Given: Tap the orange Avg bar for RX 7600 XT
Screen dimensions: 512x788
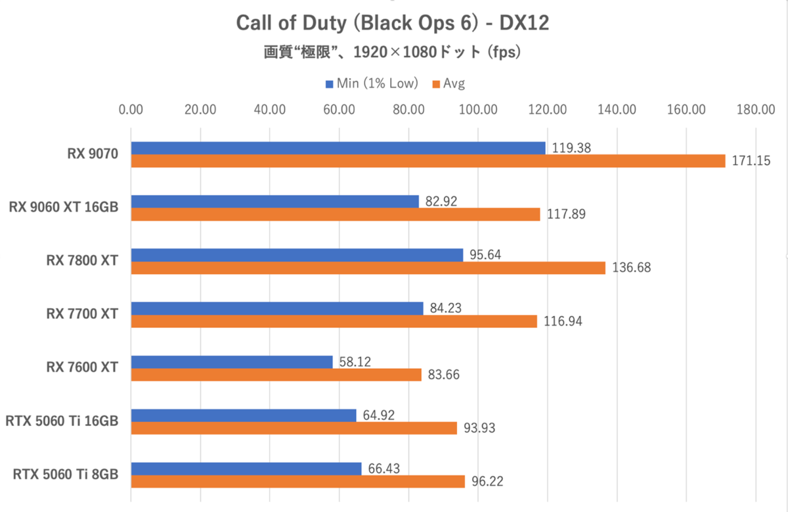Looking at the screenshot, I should (276, 375).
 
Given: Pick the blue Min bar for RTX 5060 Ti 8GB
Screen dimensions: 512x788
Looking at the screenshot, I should (246, 469).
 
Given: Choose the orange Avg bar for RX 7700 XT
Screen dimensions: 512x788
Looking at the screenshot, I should (334, 321).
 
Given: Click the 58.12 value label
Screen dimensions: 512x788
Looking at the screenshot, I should (357, 361).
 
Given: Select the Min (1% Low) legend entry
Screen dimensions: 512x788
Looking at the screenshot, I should (371, 83).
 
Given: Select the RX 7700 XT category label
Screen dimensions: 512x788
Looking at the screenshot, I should (82, 314).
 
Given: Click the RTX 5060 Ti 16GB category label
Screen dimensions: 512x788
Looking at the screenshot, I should (62, 421).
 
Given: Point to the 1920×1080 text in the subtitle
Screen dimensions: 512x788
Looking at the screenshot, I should (393, 53).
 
